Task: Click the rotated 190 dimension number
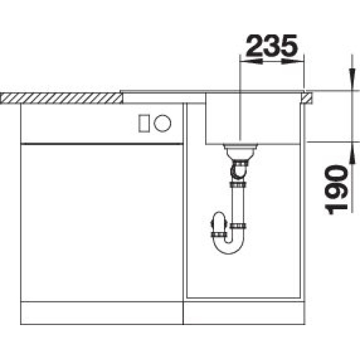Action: tap(336, 190)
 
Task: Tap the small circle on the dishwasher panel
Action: tap(163, 123)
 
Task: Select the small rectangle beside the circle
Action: tap(144, 123)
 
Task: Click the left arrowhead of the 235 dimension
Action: tap(251, 61)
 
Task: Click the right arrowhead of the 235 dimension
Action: tap(293, 61)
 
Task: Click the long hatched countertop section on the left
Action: tap(61, 98)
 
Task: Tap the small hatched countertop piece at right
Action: tap(307, 98)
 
